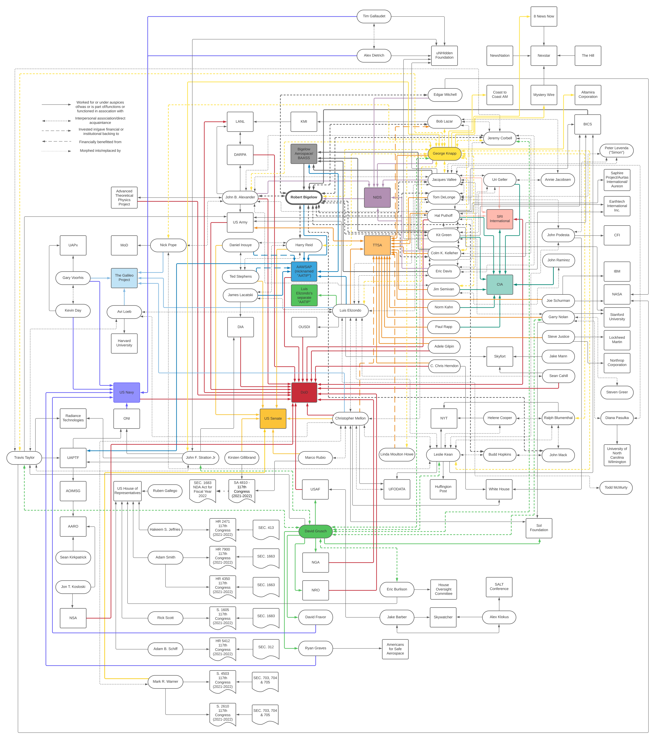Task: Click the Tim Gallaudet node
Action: [x=374, y=16]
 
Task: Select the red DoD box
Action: [x=304, y=392]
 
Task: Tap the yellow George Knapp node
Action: [x=444, y=153]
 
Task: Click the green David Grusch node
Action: [x=315, y=531]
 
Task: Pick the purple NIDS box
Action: [x=377, y=197]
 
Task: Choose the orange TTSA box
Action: [x=377, y=245]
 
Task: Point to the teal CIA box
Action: [x=499, y=285]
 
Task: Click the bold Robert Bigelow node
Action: [x=304, y=197]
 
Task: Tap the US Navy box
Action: [x=126, y=392]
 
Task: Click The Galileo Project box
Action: [x=124, y=278]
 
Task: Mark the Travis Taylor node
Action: [x=24, y=458]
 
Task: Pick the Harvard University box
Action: [x=124, y=343]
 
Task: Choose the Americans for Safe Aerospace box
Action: [x=395, y=649]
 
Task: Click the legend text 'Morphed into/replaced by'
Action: [x=100, y=151]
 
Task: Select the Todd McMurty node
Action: [x=616, y=488]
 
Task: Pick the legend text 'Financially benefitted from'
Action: [x=100, y=142]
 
